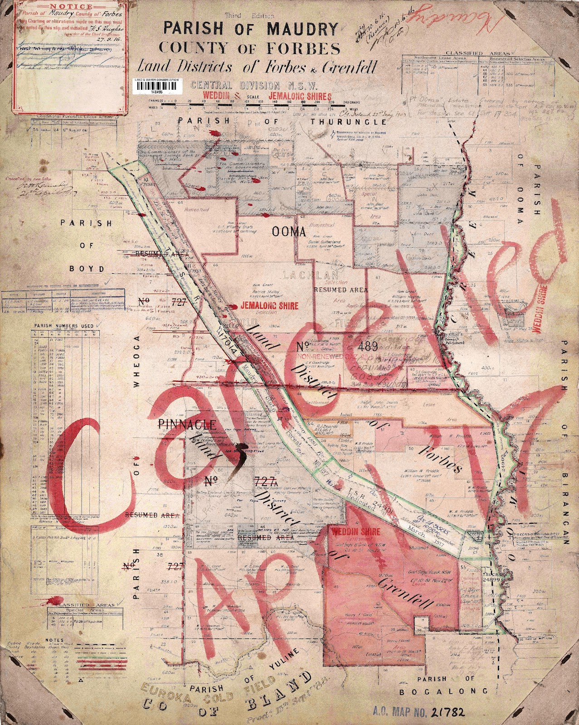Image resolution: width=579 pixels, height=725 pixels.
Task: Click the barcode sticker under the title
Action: point(156,85)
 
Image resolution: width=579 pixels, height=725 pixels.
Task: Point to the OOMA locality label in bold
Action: point(289,232)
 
